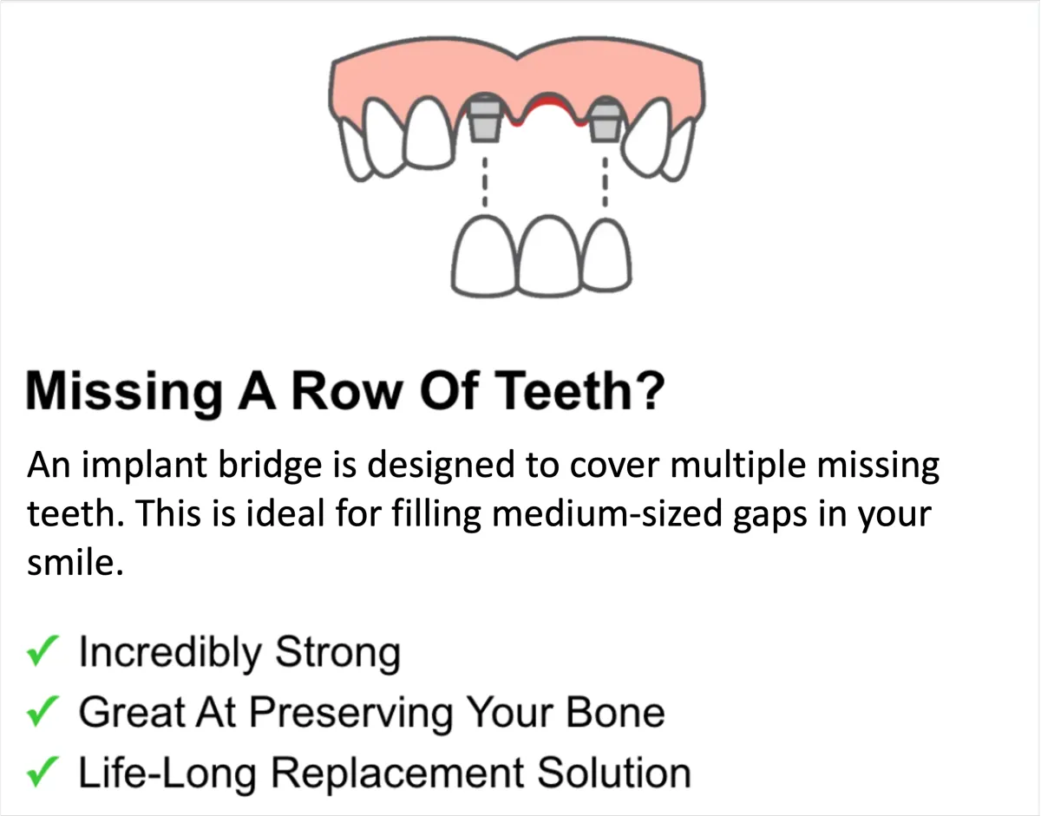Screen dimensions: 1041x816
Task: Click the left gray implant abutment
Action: [484, 117]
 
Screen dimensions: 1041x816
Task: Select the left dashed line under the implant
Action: [485, 182]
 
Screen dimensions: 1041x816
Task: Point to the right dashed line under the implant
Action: [605, 182]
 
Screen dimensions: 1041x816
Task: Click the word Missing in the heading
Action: [124, 392]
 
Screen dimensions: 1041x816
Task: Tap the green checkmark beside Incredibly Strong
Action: [43, 650]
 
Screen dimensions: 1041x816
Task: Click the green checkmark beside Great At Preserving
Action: [43, 711]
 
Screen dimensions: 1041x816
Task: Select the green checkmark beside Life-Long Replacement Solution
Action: [43, 772]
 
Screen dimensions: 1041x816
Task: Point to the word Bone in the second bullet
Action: [616, 713]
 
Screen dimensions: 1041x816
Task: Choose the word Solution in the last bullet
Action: [614, 773]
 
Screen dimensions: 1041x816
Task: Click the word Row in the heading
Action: [347, 390]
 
